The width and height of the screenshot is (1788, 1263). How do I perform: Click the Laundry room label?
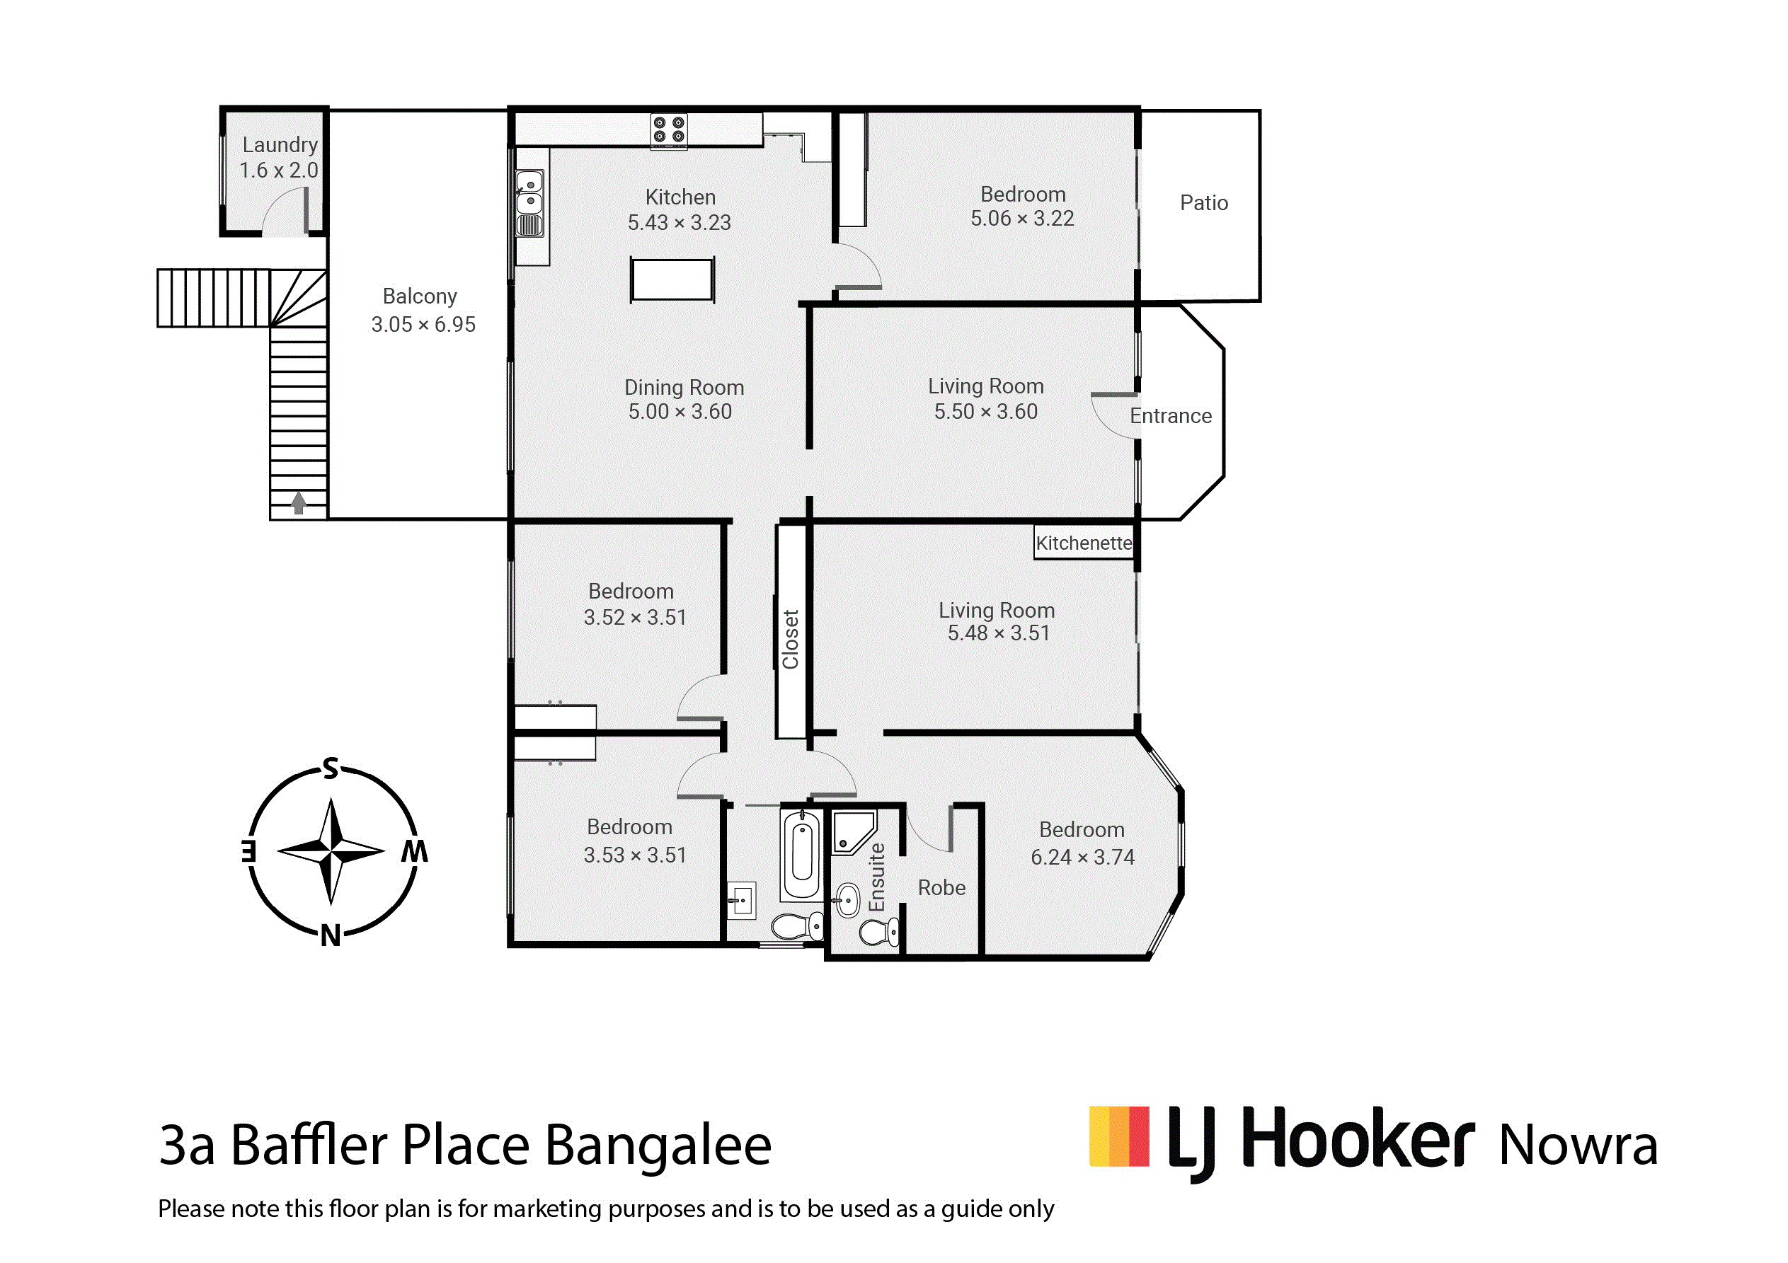tap(280, 145)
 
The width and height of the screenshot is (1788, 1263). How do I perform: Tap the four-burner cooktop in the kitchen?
tap(669, 130)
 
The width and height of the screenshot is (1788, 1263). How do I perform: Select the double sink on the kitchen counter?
tap(529, 193)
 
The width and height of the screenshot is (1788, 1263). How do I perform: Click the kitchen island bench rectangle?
tap(672, 279)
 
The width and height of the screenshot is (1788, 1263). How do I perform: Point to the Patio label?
tap(1204, 203)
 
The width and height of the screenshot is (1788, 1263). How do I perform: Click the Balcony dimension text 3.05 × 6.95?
tap(423, 324)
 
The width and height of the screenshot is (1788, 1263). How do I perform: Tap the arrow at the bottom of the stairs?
tap(298, 502)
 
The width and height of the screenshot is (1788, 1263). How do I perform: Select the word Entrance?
tap(1171, 416)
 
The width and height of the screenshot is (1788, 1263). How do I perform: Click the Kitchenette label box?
tap(1084, 543)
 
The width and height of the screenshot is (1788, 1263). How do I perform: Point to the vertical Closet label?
tap(791, 640)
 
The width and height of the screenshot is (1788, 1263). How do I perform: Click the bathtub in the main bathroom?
tap(802, 854)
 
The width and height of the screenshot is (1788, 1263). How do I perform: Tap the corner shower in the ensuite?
tap(854, 831)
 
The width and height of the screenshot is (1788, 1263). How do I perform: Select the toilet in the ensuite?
tap(879, 930)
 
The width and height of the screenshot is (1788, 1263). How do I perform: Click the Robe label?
tap(941, 888)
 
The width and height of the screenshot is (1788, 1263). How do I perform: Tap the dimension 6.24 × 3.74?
tap(1082, 858)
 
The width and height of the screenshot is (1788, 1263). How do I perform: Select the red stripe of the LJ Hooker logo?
tap(1140, 1136)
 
